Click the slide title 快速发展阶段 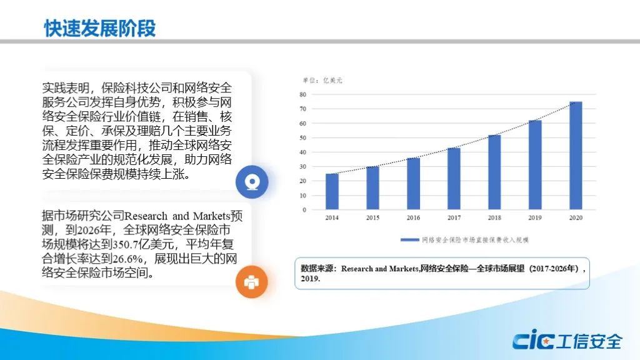pos(100,28)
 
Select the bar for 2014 pos(332,191)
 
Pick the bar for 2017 pos(454,179)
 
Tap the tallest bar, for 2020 pos(576,156)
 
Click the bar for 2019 pos(535,165)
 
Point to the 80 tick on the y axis pos(302,94)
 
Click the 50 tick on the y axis pos(302,137)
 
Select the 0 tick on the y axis pos(304,210)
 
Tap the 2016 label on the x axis pos(413,217)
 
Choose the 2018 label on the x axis pos(494,217)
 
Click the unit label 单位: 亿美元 pos(322,81)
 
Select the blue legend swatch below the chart pos(409,240)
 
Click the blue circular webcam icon pos(252,182)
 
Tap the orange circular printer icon pos(251,282)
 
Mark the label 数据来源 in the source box pos(315,269)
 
